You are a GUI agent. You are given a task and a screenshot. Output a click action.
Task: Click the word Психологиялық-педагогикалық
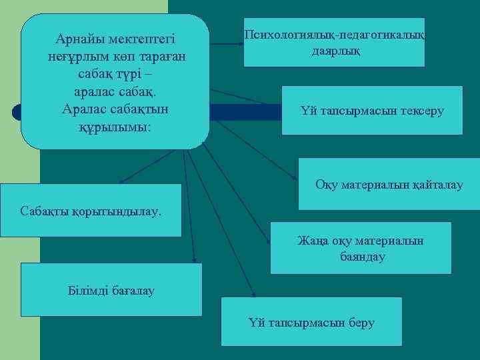335,35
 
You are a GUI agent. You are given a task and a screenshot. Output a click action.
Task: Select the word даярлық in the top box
335,50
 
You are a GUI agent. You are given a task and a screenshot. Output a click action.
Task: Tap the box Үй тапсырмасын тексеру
371,111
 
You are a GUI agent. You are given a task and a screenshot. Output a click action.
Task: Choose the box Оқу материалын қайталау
389,184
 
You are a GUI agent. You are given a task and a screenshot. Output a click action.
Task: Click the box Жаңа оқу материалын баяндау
361,248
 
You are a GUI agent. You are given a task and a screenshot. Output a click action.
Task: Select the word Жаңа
310,241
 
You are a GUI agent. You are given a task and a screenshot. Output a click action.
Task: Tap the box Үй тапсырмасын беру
311,322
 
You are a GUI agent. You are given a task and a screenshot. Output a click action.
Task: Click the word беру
361,323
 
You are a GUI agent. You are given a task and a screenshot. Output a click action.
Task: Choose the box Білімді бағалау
111,289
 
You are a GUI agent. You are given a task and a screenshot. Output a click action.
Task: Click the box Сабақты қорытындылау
91,211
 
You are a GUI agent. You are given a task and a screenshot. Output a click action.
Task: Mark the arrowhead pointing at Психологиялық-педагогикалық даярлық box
240,44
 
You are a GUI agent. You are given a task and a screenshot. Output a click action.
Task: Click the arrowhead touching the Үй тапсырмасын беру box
253,293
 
